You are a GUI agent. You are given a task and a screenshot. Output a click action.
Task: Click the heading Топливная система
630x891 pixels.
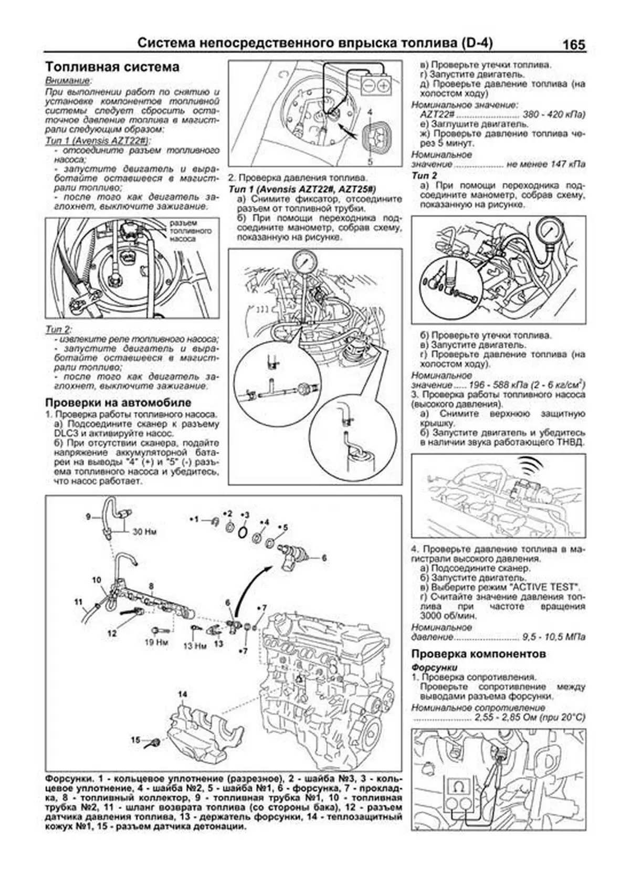(112, 67)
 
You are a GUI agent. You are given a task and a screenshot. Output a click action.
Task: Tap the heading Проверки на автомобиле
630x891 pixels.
(118, 403)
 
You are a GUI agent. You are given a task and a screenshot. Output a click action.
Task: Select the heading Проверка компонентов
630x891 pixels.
(478, 654)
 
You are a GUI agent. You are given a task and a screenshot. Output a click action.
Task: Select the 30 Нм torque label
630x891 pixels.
(144, 531)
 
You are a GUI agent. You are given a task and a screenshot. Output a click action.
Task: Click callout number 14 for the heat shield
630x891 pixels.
(182, 695)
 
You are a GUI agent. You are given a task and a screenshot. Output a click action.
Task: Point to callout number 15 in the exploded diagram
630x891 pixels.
(135, 740)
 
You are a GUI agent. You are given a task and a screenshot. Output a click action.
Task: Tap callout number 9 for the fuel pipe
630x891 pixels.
(89, 517)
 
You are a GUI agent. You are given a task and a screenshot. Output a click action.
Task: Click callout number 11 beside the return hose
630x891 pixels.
(79, 602)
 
